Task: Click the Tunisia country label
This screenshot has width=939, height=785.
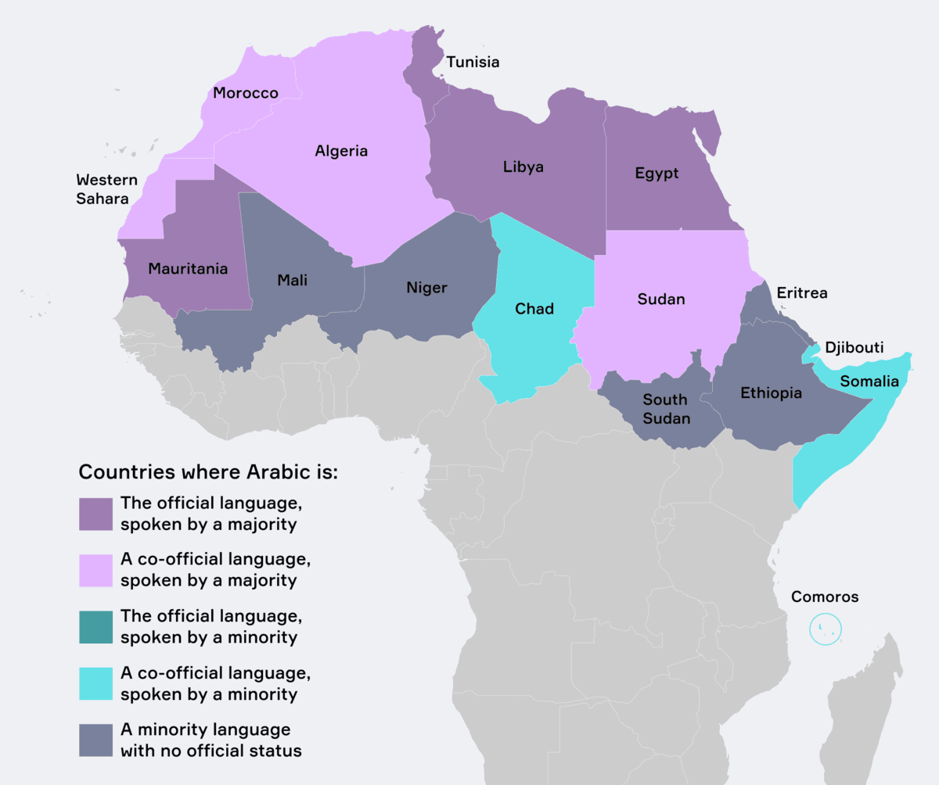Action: tap(472, 63)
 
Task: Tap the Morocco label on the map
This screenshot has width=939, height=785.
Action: tap(246, 93)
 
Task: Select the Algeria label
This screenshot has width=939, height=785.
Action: tap(341, 151)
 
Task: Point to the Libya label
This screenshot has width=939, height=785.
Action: tap(523, 167)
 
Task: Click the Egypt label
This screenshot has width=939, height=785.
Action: tap(657, 173)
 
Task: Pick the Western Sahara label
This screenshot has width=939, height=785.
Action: tap(106, 189)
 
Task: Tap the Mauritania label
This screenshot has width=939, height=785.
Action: tap(188, 268)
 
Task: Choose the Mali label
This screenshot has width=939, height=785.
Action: tap(292, 280)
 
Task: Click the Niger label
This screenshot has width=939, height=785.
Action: tap(426, 288)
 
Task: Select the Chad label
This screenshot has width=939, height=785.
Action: tap(534, 308)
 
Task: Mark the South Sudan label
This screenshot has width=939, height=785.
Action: tap(666, 409)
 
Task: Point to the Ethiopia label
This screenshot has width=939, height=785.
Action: tap(771, 392)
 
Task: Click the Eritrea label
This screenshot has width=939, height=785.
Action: tap(801, 293)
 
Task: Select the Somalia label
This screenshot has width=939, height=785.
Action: tap(869, 382)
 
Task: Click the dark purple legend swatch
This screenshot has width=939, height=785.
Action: tap(95, 514)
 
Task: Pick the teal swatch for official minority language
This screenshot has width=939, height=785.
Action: tap(95, 627)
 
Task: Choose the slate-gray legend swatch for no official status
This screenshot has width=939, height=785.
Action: tap(95, 740)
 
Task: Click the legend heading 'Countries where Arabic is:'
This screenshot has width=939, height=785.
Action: tap(208, 473)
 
